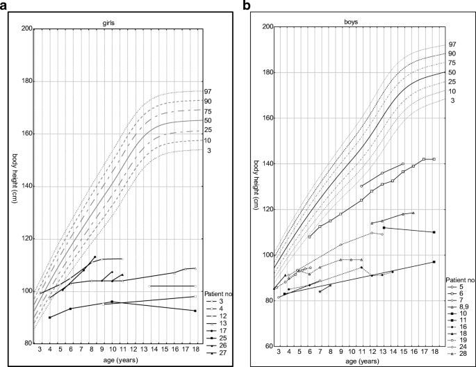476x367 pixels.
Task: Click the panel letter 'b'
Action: pos(247,7)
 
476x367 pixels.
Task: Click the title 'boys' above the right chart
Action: pos(352,21)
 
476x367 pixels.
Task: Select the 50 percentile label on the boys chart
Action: pos(452,72)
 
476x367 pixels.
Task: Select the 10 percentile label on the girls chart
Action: pos(207,140)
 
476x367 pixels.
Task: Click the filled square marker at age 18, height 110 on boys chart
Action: pos(434,232)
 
